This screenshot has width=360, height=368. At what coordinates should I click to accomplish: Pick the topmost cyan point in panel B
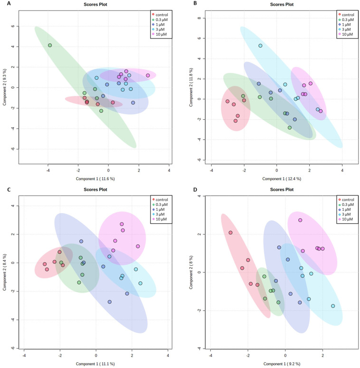click(260, 46)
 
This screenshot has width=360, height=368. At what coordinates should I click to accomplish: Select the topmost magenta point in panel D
click(300, 220)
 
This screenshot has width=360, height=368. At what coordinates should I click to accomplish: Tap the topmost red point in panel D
click(230, 232)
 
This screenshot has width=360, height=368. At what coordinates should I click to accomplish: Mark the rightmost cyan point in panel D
click(333, 306)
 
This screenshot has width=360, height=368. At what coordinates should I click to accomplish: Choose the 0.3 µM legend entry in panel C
click(162, 204)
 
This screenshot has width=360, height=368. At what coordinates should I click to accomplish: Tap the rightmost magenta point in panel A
click(148, 75)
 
